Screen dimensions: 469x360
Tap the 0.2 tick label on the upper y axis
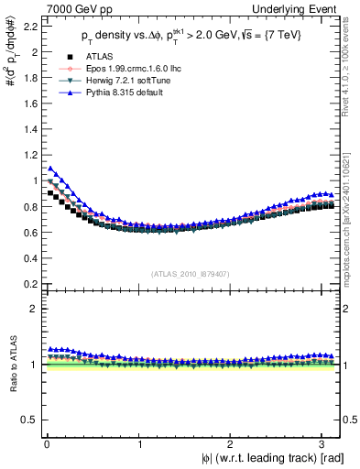pyautogui.click(x=29, y=284)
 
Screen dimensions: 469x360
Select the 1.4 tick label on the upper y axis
pyautogui.click(x=29, y=130)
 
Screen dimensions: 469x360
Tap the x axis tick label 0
pyautogui.click(x=46, y=444)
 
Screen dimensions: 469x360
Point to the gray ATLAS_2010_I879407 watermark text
pyautogui.click(x=191, y=272)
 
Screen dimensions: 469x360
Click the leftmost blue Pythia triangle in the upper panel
pyautogui.click(x=51, y=169)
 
